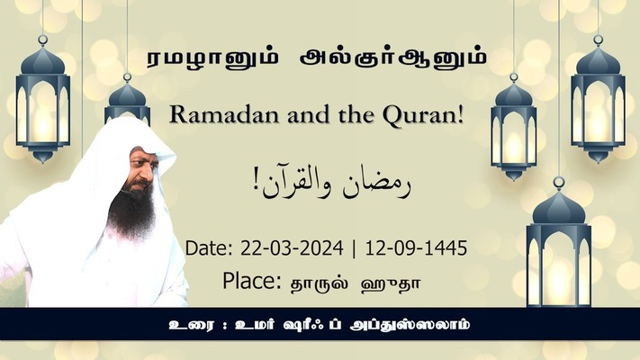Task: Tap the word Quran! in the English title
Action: coord(423,116)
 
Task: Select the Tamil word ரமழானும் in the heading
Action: coord(212,59)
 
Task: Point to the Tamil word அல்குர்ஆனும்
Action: coord(393,58)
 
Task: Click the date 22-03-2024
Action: coord(292,248)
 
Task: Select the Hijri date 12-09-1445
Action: coord(416,248)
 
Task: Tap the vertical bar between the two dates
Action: coord(354,248)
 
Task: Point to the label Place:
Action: coord(251,281)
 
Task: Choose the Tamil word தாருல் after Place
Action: coord(320,284)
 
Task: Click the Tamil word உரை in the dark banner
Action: coord(191,325)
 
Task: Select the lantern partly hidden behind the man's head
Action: coord(127,100)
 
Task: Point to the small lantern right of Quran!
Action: coord(513,127)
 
